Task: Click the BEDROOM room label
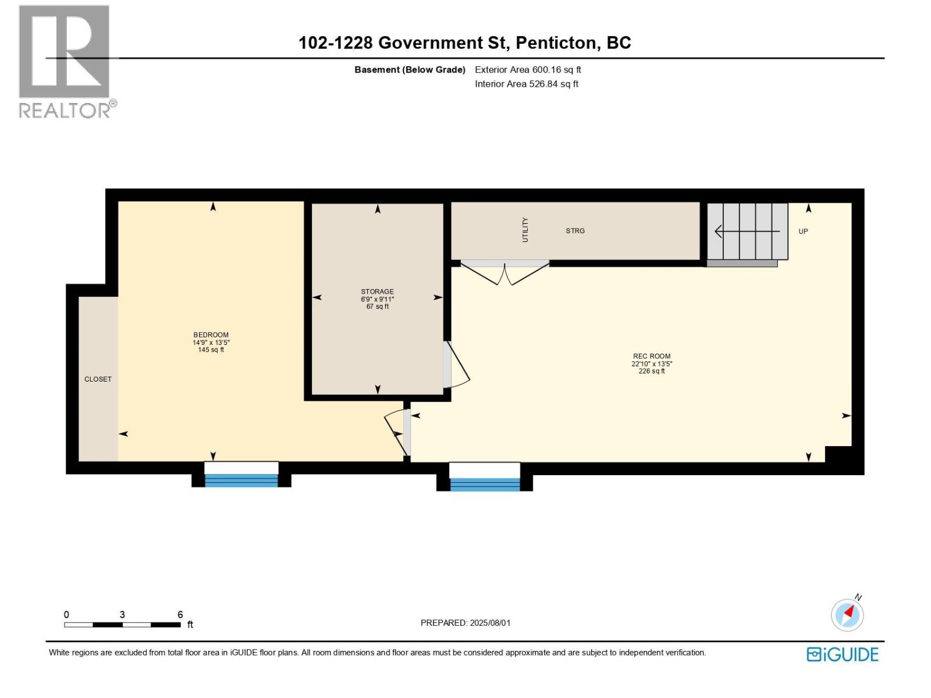tap(211, 335)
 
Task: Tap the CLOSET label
tap(98, 379)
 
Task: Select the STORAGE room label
tap(377, 292)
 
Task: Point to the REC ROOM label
tap(652, 357)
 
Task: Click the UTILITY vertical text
tap(525, 230)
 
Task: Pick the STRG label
tap(575, 231)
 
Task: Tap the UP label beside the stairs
tap(803, 232)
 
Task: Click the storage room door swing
tap(456, 365)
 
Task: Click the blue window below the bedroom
tap(241, 480)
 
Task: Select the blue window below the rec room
tap(485, 484)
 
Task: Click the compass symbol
tap(847, 615)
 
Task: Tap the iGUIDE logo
tap(842, 654)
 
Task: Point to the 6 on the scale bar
tap(180, 615)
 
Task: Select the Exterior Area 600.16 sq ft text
tap(528, 70)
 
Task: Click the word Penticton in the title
tap(556, 43)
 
